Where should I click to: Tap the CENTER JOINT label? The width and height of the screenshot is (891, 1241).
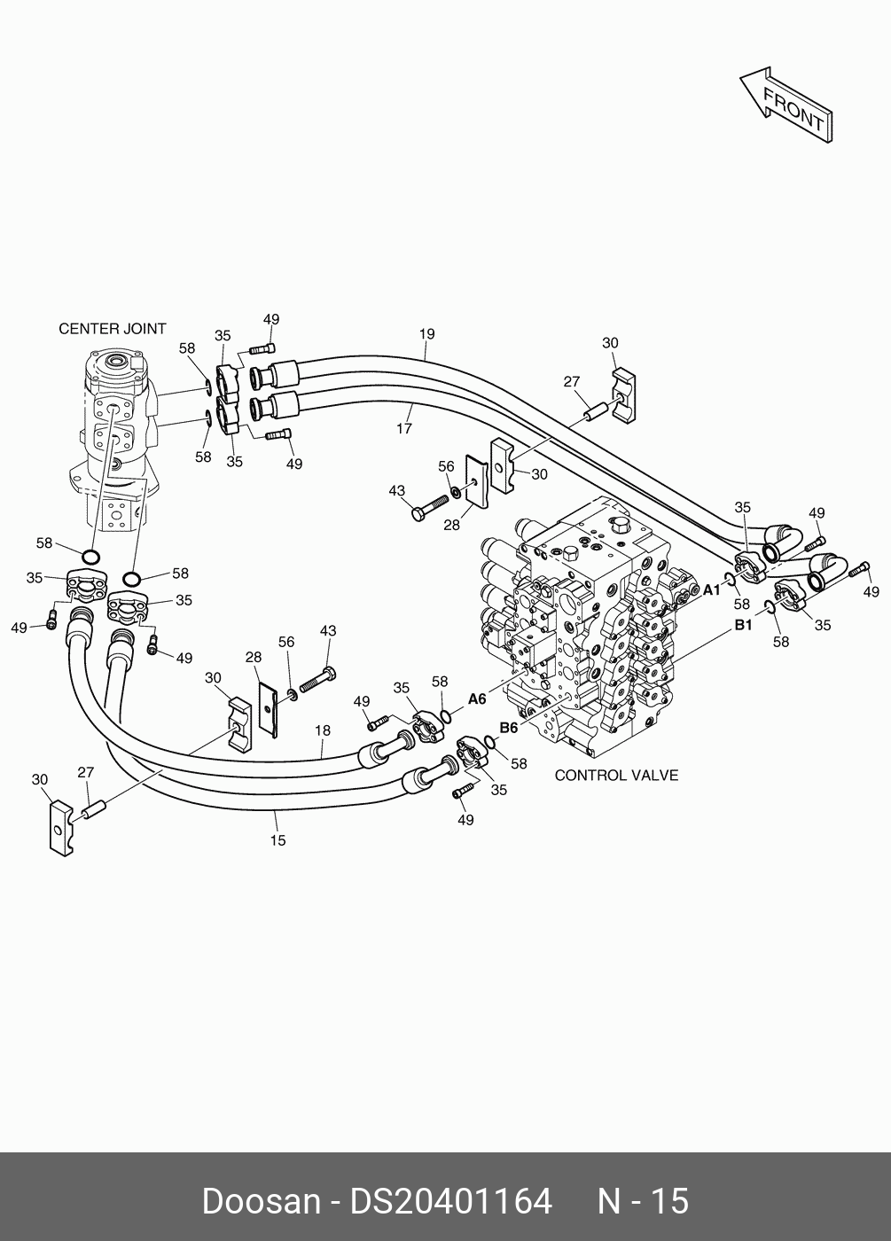113,329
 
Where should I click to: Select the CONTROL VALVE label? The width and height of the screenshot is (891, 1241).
616,776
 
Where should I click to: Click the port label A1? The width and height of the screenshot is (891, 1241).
712,589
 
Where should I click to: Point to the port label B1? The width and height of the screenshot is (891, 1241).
742,625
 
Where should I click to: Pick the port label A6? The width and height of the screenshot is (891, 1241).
477,699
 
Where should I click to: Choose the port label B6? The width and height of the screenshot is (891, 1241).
508,728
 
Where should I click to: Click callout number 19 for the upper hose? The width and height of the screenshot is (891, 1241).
427,334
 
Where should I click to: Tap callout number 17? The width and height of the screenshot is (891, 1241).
404,429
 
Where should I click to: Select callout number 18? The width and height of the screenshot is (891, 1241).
322,730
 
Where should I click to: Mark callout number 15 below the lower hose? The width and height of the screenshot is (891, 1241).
278,840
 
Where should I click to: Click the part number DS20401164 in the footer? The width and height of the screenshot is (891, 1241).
451,1202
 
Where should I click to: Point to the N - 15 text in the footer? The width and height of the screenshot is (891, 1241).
643,1202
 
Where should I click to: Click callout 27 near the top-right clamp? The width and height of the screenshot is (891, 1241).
572,383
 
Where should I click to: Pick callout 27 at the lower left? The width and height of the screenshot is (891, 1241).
85,773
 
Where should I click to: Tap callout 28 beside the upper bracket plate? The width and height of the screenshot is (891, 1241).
451,525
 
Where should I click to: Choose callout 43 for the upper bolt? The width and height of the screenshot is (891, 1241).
396,490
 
